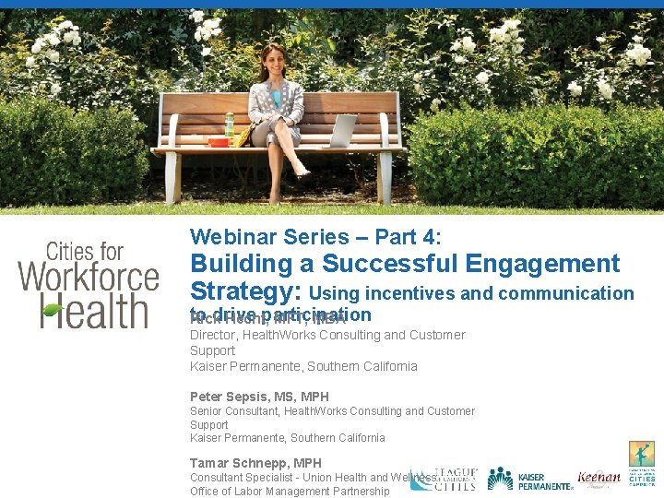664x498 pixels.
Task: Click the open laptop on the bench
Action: click(x=341, y=131)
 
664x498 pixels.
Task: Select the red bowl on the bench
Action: click(x=219, y=142)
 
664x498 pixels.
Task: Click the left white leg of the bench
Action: click(x=172, y=178)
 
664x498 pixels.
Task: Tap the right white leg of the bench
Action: click(x=385, y=178)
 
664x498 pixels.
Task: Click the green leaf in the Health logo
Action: click(x=54, y=310)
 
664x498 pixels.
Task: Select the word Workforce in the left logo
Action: click(x=89, y=277)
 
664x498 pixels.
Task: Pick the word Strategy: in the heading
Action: click(x=246, y=292)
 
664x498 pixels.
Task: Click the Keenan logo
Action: click(x=599, y=478)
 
